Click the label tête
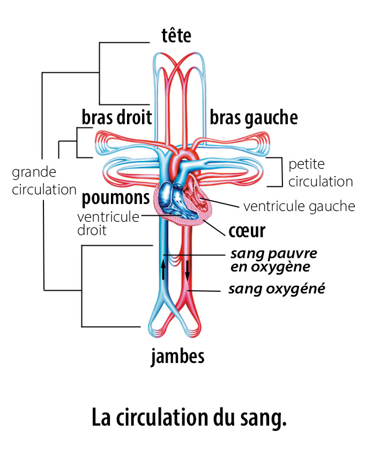coord(176,36)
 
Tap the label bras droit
coord(116,117)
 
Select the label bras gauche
coord(254,117)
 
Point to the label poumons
coord(115,198)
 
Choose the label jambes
coord(177,356)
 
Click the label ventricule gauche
coord(299,206)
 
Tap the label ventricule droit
coord(107,224)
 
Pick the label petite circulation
coord(320,172)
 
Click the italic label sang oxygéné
coord(277,289)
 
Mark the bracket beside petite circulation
coord(278,172)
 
